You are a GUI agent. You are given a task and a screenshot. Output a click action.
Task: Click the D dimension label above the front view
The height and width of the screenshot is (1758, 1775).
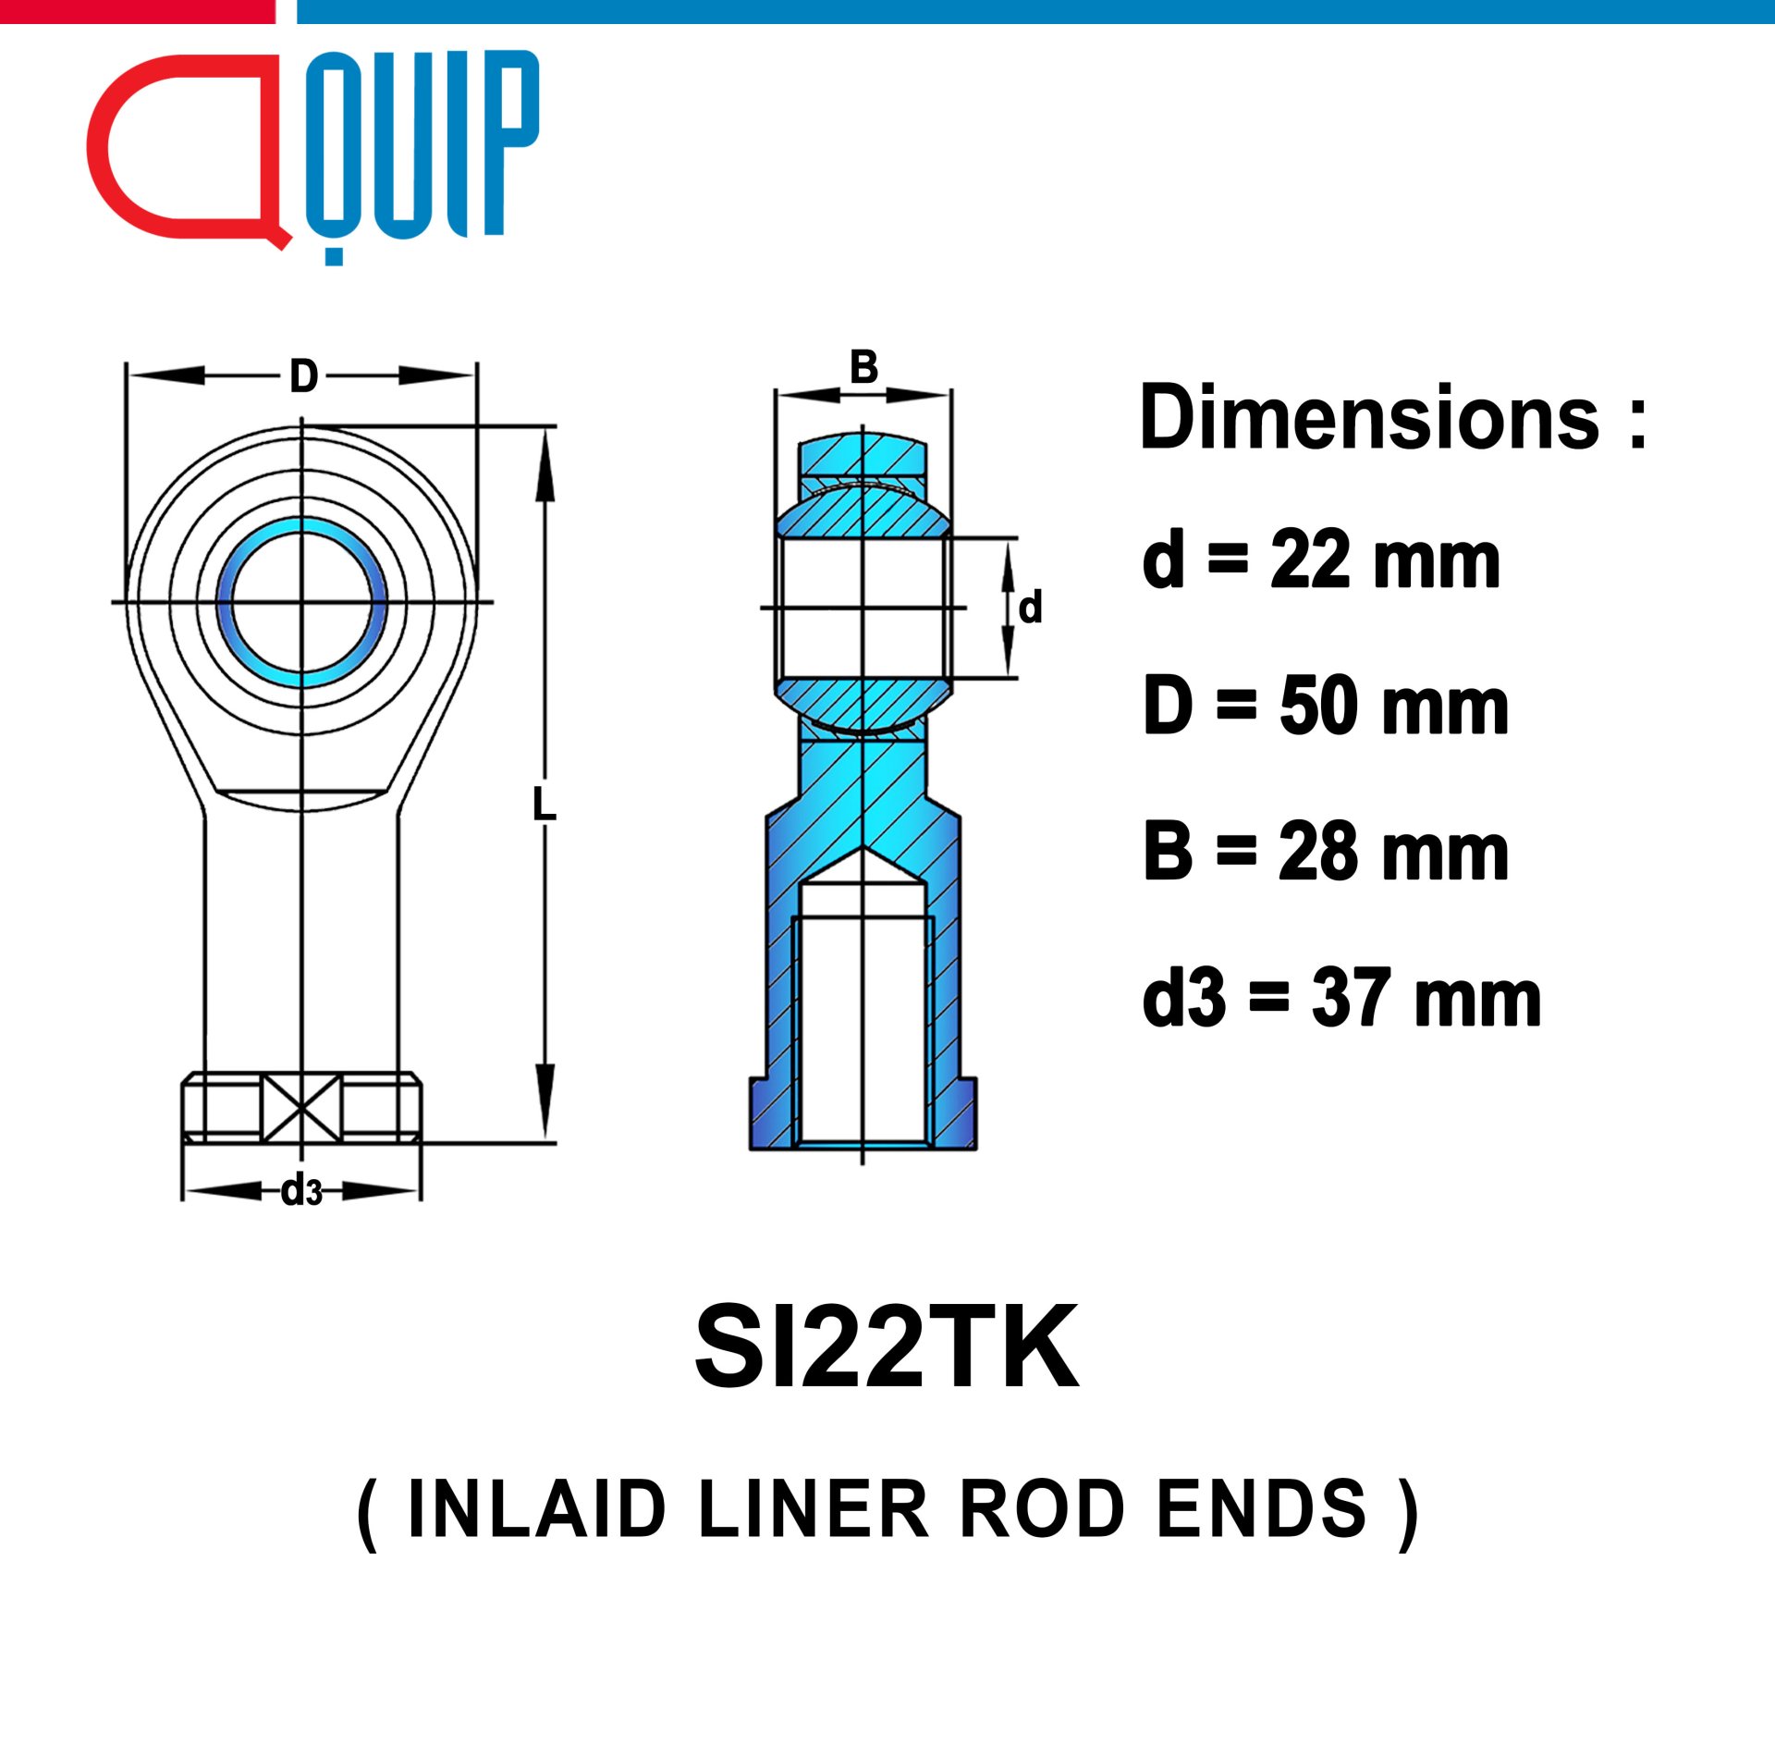click(x=304, y=376)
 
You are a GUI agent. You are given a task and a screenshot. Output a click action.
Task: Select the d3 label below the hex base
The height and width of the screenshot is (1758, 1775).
click(x=302, y=1190)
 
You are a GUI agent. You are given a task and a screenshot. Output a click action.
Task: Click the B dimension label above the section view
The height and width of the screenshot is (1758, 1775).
click(x=863, y=367)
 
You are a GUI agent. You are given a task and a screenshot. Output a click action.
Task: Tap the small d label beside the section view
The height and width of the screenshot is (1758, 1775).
click(x=1030, y=608)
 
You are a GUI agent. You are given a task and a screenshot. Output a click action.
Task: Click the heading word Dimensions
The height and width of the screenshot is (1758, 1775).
click(x=1369, y=418)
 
